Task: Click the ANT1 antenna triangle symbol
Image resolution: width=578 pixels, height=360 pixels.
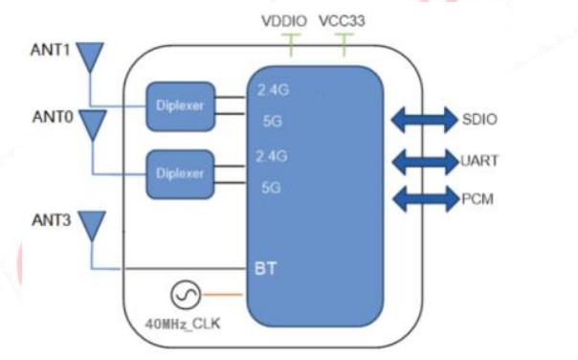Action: [x=90, y=56]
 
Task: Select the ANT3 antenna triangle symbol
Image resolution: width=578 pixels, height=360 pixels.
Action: [x=91, y=224]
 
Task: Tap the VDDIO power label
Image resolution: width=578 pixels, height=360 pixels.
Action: [x=284, y=20]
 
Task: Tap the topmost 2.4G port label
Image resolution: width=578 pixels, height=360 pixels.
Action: [x=273, y=91]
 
